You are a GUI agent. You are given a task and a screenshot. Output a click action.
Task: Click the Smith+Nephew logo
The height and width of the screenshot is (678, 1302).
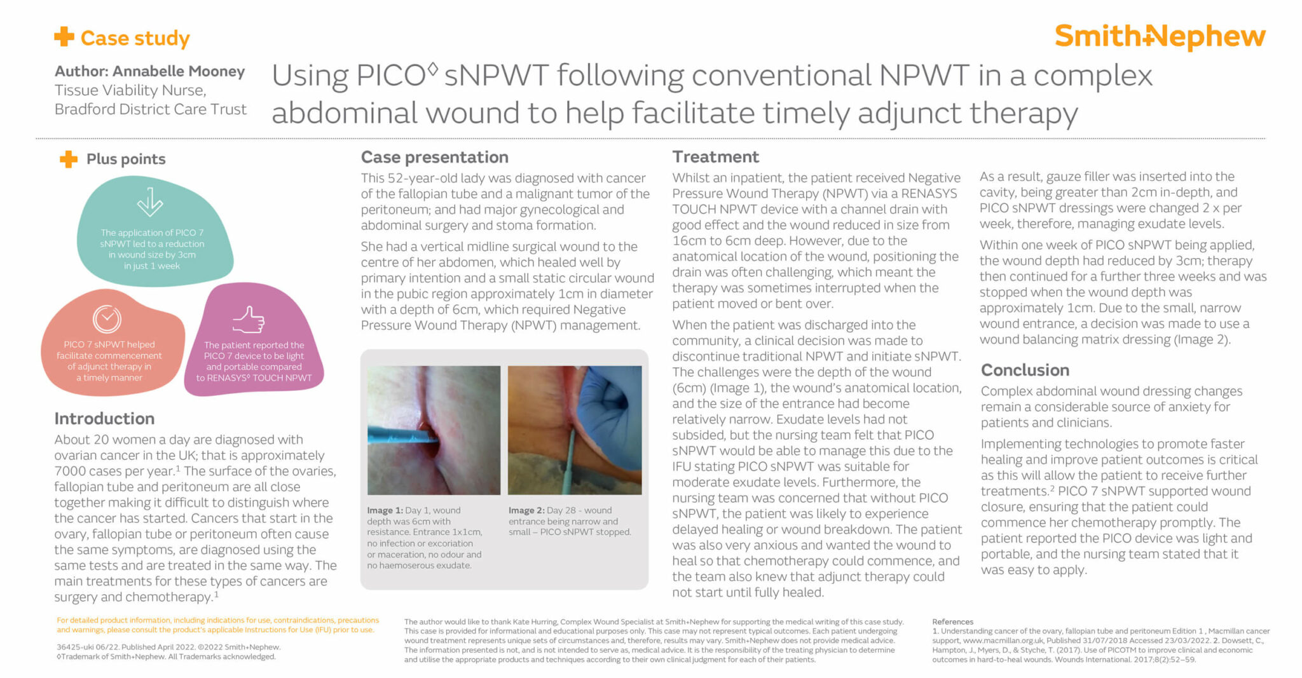1160,37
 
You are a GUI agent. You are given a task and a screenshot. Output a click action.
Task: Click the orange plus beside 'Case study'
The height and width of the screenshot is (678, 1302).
64,36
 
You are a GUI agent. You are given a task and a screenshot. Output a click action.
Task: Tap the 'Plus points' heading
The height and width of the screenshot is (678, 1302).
126,159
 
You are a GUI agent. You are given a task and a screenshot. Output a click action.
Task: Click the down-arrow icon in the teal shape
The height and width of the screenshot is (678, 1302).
150,201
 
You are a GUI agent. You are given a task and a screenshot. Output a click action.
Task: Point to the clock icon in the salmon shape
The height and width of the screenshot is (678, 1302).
107,318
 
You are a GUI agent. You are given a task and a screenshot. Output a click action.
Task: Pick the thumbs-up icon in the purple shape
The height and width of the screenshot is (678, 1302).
249,320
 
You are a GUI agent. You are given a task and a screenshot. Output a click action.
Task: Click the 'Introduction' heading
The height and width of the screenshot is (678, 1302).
104,419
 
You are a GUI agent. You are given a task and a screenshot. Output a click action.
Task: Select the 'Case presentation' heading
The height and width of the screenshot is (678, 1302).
435,158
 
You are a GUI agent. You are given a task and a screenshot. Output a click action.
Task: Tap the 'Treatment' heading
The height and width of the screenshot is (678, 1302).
716,157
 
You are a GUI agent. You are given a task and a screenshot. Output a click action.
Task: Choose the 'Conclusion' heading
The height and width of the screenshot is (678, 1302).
1025,370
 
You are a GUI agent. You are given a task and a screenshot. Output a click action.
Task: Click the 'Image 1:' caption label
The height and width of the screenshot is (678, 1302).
385,510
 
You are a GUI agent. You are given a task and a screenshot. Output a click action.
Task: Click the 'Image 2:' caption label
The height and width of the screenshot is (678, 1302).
526,510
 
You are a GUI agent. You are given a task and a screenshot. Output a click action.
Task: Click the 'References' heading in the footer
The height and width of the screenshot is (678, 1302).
952,621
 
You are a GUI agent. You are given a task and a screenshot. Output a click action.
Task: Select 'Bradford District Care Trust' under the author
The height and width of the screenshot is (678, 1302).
151,109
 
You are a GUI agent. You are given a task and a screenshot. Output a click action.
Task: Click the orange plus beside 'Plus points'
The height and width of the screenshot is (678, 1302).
69,159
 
